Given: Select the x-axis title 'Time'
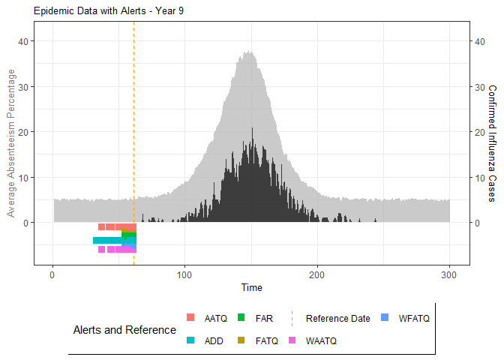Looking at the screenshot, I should point(252,287).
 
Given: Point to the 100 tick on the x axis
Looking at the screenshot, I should point(184,274).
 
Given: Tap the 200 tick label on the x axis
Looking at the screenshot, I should point(317,274).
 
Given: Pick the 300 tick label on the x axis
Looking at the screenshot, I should point(450,274).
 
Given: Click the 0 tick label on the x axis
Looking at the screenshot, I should point(52,274).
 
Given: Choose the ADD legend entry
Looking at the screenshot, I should point(205,340).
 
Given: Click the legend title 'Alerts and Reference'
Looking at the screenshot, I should point(124,329).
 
